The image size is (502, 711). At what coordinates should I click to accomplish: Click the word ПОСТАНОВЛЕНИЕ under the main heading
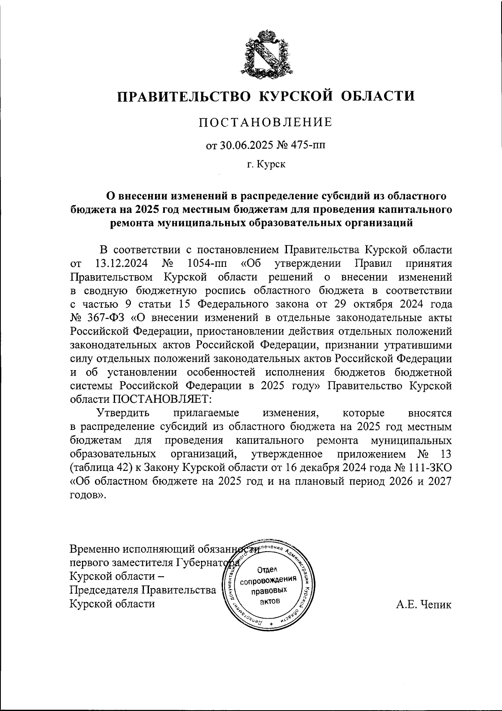[265, 122]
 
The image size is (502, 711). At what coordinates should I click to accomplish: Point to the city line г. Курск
[266, 165]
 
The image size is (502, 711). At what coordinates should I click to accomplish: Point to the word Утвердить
[123, 413]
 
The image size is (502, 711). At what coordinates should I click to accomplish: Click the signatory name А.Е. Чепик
[424, 604]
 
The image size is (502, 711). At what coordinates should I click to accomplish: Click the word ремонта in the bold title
[131, 223]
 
